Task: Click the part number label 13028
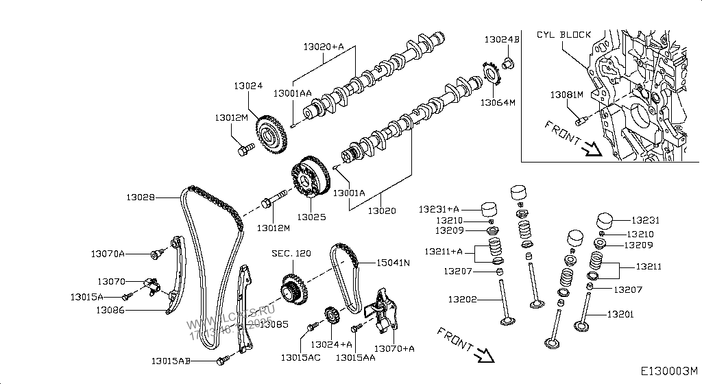[141, 197]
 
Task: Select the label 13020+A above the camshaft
[323, 47]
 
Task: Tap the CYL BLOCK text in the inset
[564, 34]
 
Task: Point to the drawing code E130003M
[670, 371]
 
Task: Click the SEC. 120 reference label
[291, 254]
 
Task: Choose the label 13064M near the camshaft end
[497, 102]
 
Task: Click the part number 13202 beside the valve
[463, 299]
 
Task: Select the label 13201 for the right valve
[620, 315]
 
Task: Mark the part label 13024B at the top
[502, 40]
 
